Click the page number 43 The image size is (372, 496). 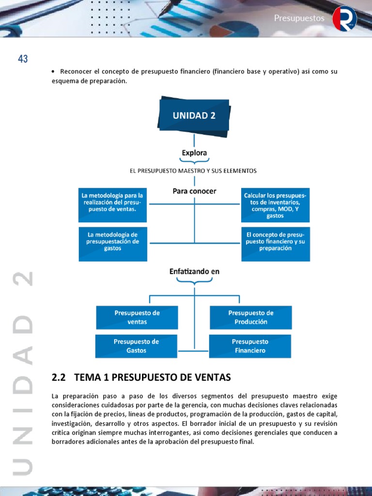coord(23,59)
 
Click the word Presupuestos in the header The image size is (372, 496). coord(299,18)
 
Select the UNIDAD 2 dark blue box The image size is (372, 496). coord(194,116)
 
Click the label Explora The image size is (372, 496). coord(194,153)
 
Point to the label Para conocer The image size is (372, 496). coord(194,191)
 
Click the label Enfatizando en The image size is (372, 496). coord(194,272)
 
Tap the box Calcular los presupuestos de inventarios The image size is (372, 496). coord(275,205)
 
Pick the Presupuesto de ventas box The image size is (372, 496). coord(137,317)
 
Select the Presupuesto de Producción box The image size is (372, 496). coord(251,317)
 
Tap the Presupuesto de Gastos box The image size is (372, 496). coord(137,346)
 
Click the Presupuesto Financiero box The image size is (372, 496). coord(250,346)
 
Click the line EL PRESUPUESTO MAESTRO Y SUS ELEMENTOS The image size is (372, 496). coord(193,171)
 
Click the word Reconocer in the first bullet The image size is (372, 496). coord(76,72)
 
